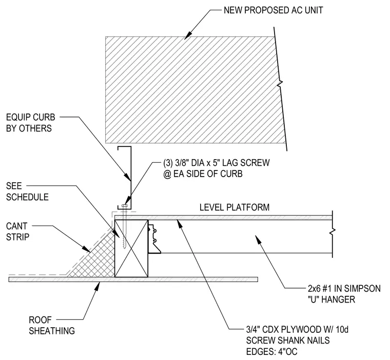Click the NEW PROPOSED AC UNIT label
[273, 10]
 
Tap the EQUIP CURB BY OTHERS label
[30, 123]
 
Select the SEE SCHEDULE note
[27, 192]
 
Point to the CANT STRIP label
[17, 232]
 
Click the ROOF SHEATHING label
[52, 326]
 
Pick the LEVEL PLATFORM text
[235, 207]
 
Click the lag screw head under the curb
[124, 206]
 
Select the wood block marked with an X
[131, 249]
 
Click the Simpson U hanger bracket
[154, 239]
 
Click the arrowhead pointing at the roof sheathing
[97, 287]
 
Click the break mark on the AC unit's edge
[281, 84]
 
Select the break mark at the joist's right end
[333, 232]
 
